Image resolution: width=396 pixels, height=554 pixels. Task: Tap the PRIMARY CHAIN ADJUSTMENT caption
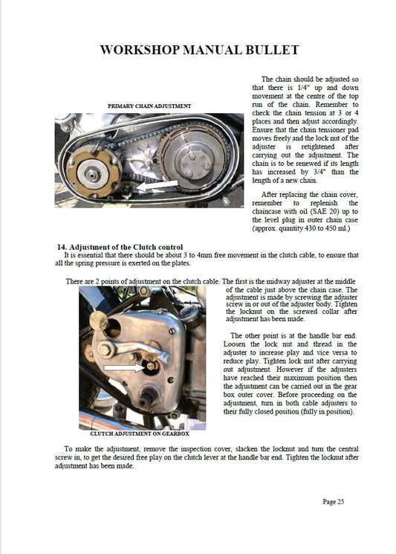[149, 106]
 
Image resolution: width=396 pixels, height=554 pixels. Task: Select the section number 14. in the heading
[62, 247]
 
